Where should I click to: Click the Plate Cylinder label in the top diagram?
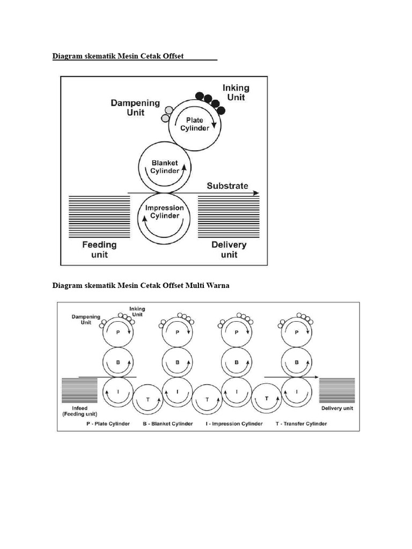tap(195, 124)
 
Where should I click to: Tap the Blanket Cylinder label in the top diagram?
tap(165, 167)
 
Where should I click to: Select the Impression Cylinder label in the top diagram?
tap(164, 212)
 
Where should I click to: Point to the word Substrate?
tap(227, 186)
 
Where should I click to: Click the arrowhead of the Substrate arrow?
tap(256, 193)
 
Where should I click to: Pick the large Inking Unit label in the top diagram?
tap(236, 92)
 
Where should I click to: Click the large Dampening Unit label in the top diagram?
tap(135, 107)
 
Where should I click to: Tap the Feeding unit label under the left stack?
tap(99, 250)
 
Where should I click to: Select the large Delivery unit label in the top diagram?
tap(229, 250)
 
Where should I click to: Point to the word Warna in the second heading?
tap(218, 285)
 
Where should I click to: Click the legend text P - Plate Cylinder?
tap(108, 424)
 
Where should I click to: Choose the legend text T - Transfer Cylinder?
tap(301, 424)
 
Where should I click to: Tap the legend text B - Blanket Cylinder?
tap(168, 424)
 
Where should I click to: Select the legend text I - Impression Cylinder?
tap(234, 424)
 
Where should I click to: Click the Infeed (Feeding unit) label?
tap(80, 411)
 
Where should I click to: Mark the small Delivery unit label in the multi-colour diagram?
tap(337, 408)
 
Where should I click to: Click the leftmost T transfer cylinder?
tap(148, 399)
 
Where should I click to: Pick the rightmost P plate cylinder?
tap(296, 332)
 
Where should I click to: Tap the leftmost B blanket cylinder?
tap(118, 362)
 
